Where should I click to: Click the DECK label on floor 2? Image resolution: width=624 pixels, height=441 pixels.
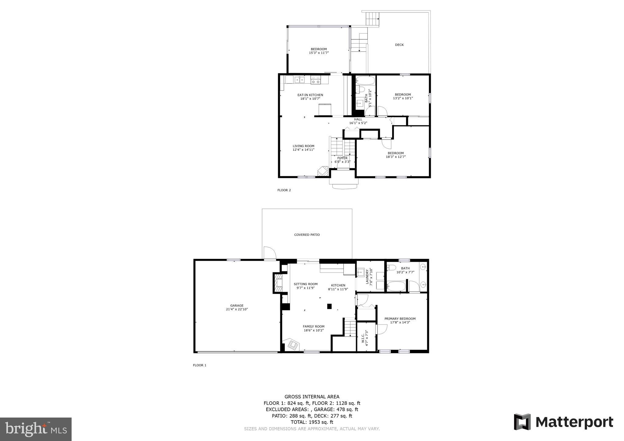pos(399,45)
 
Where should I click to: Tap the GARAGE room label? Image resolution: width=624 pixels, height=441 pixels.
pos(237,305)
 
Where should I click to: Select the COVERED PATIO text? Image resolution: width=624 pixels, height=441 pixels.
pos(307,235)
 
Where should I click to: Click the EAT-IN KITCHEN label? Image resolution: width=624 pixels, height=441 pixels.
pos(310,95)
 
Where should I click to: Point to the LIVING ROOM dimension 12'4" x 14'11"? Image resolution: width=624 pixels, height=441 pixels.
pos(303,150)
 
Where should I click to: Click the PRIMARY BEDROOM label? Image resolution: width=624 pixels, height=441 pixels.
pos(400,319)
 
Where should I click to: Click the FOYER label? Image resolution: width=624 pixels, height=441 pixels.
pos(342,158)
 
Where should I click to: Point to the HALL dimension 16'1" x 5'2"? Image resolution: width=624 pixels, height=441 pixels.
pos(358,123)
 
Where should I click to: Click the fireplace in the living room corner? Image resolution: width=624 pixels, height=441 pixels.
pos(322,171)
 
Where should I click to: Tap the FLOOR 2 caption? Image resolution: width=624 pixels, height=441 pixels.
pos(284,190)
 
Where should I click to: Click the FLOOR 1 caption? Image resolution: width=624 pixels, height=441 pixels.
pos(200,365)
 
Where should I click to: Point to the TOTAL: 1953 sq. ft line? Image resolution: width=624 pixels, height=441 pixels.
pos(312,422)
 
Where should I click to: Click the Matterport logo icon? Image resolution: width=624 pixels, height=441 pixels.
pos(522,422)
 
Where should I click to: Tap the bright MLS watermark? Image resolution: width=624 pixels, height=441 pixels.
pos(36,429)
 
